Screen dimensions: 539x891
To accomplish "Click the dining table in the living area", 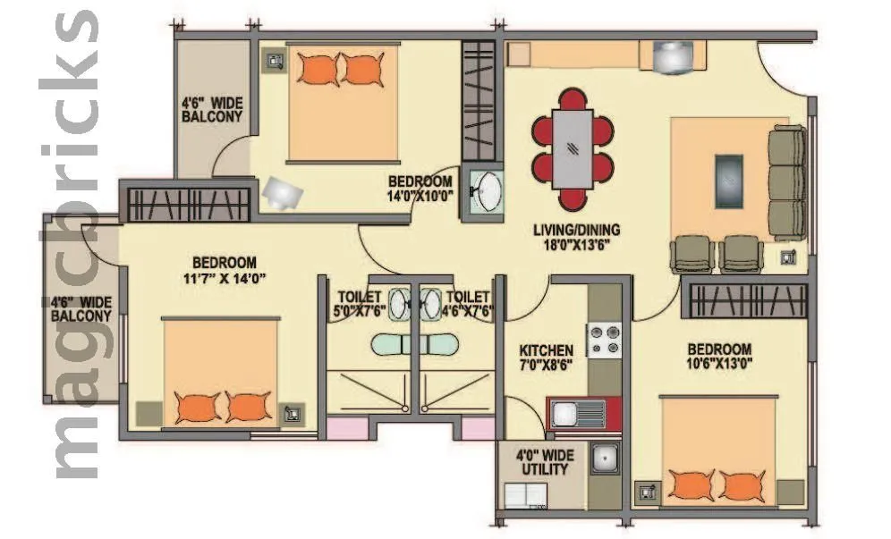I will [x=573, y=147].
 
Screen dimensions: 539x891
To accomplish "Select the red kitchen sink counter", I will [x=583, y=413].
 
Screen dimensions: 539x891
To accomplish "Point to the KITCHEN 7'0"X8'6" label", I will [x=547, y=357].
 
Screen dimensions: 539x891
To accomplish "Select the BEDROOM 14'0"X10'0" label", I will [x=420, y=187].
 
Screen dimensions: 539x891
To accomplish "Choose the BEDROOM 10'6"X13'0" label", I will [x=718, y=356].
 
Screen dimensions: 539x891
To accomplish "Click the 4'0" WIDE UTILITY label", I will [x=546, y=462].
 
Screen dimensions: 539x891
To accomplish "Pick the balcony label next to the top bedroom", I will [x=212, y=109].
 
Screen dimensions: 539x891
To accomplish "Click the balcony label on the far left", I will [x=81, y=308].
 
